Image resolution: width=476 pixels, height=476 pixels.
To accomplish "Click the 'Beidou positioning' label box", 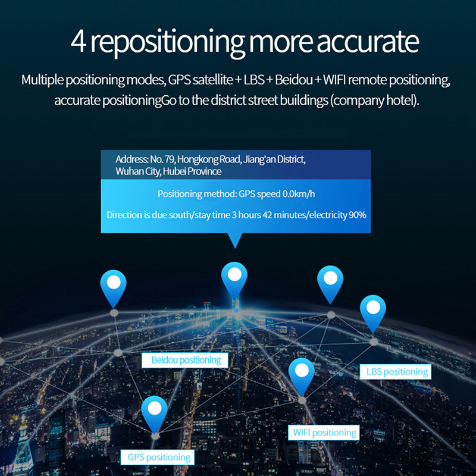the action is (x=185, y=360).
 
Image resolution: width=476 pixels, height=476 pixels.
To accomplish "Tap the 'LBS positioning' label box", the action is (x=395, y=371).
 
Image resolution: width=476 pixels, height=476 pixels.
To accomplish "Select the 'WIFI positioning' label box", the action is (x=324, y=433).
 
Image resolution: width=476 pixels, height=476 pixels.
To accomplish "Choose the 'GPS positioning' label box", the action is (x=158, y=457).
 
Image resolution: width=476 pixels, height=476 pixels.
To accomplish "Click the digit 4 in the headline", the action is (x=79, y=42).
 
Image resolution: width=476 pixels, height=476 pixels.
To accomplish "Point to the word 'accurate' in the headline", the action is (x=368, y=42).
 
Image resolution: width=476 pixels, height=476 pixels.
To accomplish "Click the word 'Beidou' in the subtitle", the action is (x=294, y=80).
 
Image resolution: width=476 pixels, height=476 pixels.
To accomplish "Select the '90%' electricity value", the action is (x=358, y=215).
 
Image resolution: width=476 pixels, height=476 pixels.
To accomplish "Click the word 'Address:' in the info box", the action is (x=131, y=159).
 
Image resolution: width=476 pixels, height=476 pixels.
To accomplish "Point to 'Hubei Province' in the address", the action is (x=192, y=171).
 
